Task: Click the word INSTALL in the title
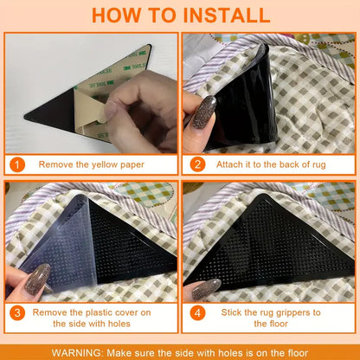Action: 226,16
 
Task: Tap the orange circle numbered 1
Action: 17,164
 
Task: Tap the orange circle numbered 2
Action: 197,164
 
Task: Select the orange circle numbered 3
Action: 17,313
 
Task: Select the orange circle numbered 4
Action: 197,313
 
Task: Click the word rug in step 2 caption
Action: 319,165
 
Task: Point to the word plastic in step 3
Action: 101,312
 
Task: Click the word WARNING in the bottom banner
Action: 77,353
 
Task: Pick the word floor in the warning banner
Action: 298,353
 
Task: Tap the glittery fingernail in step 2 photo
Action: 204,112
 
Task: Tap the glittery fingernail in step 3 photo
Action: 37,280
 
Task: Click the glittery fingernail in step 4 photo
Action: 207,289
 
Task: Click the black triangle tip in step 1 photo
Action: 25,117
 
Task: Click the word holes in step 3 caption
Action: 119,324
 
